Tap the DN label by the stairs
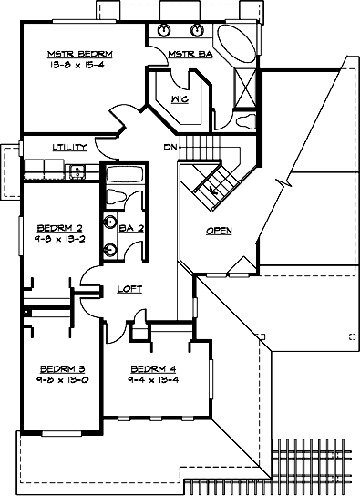170,147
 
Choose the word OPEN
219,231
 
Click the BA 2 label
131,229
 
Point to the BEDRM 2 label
55,228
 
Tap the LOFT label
129,289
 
